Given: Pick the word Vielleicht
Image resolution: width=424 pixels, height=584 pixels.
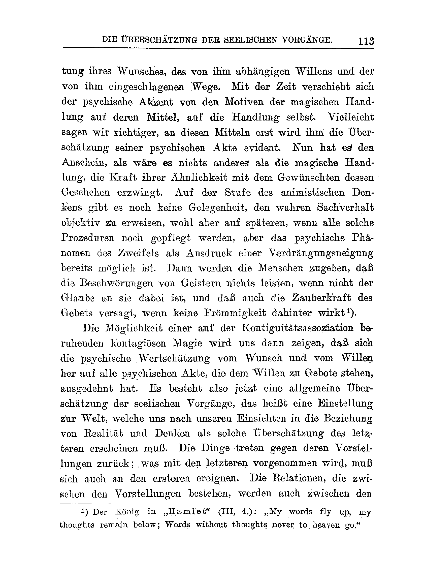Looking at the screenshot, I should pos(351,117).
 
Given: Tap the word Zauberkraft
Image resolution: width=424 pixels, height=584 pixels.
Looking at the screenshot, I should pos(321,298).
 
